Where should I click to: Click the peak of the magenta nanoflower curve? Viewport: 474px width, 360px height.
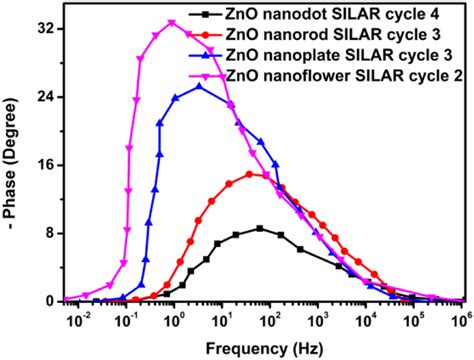click(x=172, y=23)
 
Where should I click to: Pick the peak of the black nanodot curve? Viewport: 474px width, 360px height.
click(x=260, y=228)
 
